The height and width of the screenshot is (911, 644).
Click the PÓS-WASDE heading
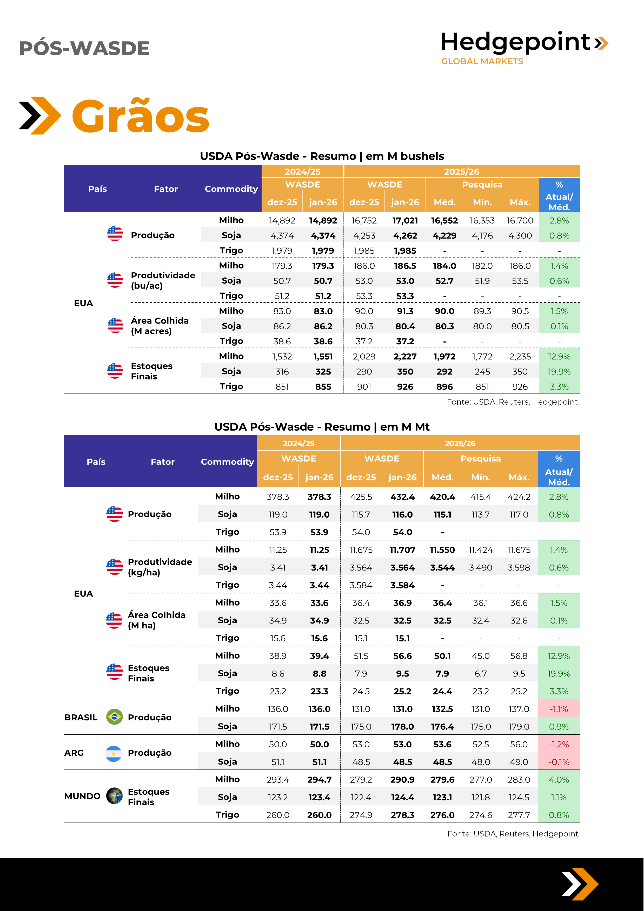pyautogui.click(x=84, y=48)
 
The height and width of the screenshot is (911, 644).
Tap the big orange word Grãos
pyautogui.click(x=141, y=116)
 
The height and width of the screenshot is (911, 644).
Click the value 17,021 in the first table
pyautogui.click(x=405, y=220)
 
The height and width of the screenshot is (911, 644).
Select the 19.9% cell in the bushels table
pyautogui.click(x=559, y=372)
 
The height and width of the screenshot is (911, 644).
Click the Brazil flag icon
pyautogui.click(x=114, y=717)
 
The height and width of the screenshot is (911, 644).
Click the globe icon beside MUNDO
pyautogui.click(x=114, y=796)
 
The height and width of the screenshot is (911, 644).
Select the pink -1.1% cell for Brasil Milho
pyautogui.click(x=559, y=709)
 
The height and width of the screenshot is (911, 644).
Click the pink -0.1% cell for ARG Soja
pyautogui.click(x=559, y=762)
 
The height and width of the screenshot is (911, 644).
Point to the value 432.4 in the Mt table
pyautogui.click(x=402, y=497)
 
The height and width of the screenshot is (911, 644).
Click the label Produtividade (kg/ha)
pyautogui.click(x=160, y=567)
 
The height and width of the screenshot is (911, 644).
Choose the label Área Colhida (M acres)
pyautogui.click(x=160, y=326)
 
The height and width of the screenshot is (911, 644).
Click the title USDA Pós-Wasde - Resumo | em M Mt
pyautogui.click(x=322, y=427)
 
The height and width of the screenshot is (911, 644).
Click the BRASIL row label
pyautogui.click(x=81, y=717)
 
